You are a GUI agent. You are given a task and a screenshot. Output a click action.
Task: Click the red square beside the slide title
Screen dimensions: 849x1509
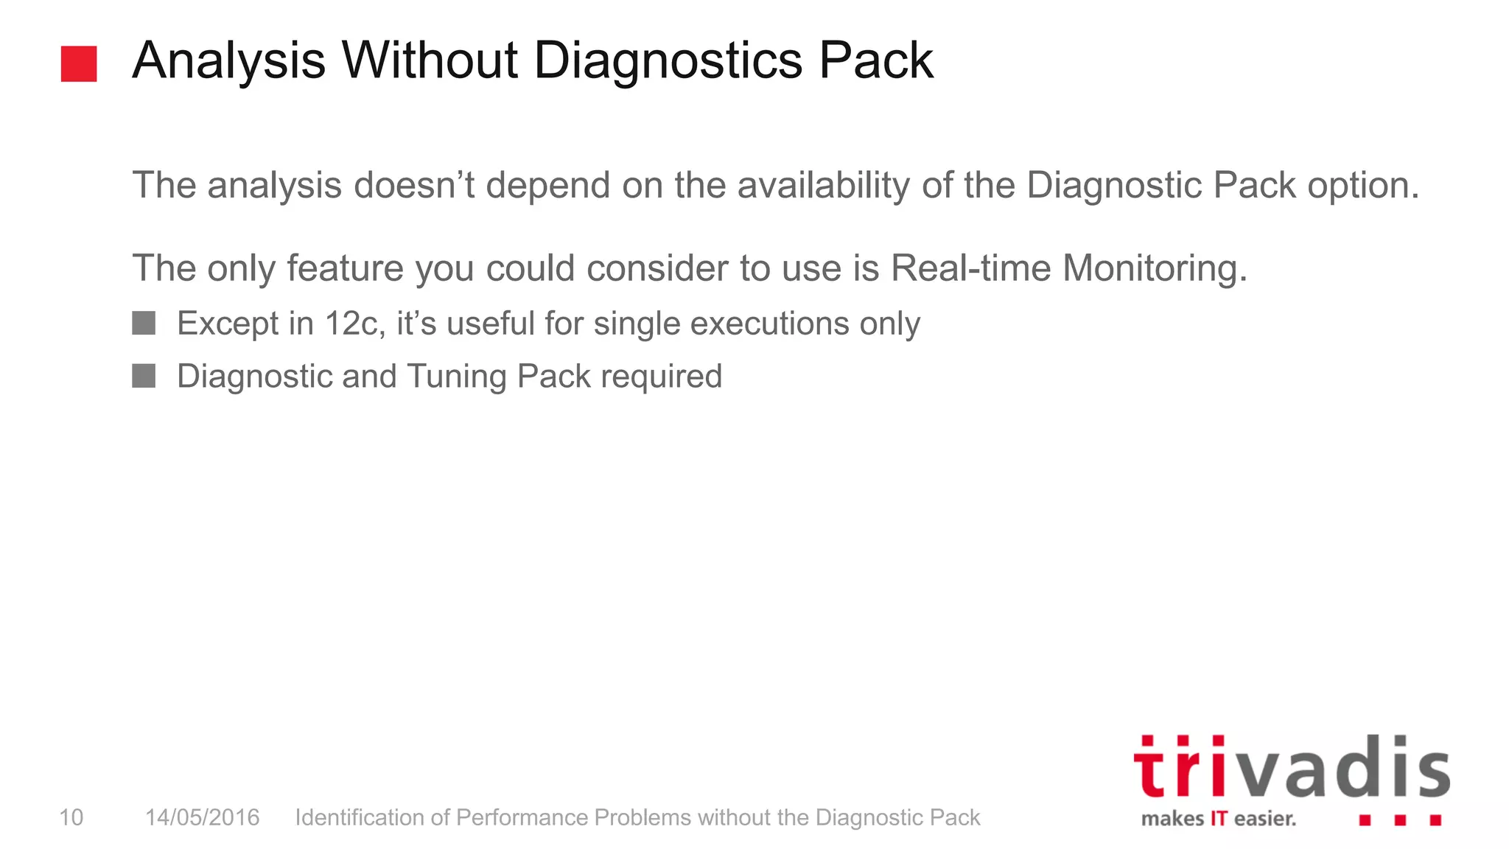(x=79, y=63)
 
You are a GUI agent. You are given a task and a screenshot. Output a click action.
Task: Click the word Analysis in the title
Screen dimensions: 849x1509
(x=229, y=60)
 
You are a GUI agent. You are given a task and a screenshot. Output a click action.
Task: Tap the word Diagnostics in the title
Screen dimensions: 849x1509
(x=668, y=62)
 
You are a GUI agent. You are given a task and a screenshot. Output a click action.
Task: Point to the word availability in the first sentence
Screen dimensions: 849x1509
(x=824, y=185)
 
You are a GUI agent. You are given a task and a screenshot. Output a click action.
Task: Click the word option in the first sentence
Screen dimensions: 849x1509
(x=1363, y=185)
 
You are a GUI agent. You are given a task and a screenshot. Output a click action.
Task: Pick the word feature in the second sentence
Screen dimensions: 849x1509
(x=345, y=268)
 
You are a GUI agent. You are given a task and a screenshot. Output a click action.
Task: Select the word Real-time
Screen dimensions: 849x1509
(x=970, y=268)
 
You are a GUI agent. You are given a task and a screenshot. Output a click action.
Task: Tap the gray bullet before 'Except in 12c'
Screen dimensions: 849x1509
(x=144, y=323)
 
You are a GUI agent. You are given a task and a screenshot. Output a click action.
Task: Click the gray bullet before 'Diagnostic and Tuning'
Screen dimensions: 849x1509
(x=144, y=376)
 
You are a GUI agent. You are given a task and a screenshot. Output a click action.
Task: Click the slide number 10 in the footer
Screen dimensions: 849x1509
(x=71, y=817)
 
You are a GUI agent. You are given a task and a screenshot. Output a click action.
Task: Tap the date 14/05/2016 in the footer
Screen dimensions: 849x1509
(x=202, y=817)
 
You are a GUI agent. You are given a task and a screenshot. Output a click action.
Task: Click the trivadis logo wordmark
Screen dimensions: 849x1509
(x=1292, y=767)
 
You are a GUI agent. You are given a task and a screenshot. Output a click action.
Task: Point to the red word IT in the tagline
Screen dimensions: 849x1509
(x=1219, y=819)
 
